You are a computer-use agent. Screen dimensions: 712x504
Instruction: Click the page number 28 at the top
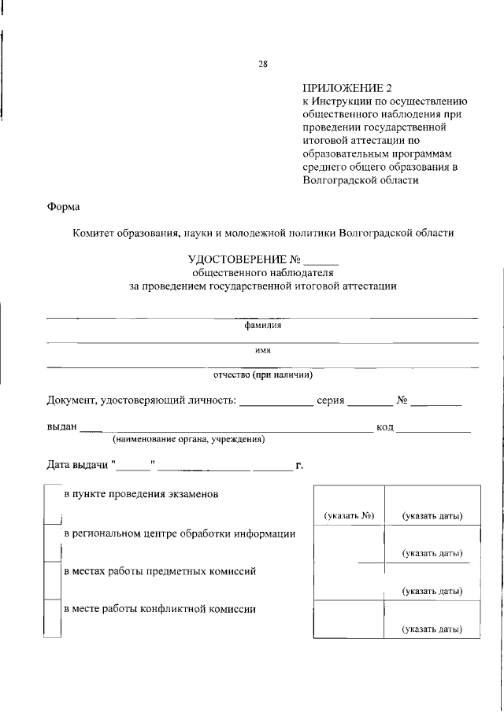coord(263,65)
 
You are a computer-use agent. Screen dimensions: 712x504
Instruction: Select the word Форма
coord(63,207)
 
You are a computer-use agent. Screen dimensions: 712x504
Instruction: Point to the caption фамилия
coord(263,324)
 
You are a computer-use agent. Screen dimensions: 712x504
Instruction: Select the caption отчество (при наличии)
coord(263,374)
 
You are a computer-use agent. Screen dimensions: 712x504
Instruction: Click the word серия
coord(331,400)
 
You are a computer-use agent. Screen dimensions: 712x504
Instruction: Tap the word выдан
coord(61,426)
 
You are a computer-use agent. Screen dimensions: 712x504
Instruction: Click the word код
coord(385,426)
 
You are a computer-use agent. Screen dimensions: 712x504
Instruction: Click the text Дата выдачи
coord(77,466)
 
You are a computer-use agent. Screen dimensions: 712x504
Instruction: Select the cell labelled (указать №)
coord(348,516)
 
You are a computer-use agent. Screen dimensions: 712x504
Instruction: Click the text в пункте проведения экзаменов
coord(141,495)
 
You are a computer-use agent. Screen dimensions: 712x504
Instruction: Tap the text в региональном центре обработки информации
coord(180,533)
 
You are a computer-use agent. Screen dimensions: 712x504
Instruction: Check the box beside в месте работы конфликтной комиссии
coord(53,618)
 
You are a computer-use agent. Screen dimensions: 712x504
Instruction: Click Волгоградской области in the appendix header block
coord(360,179)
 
